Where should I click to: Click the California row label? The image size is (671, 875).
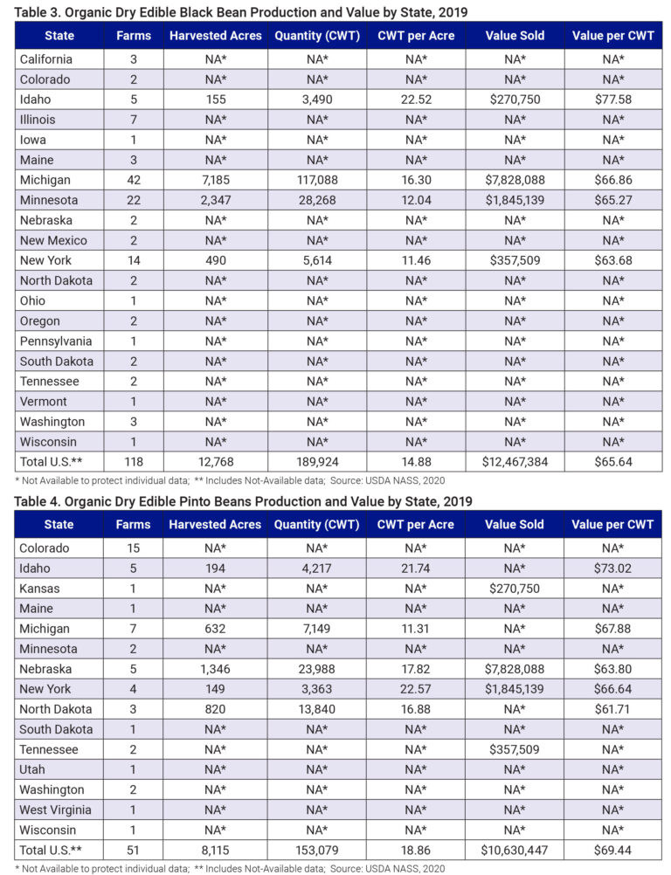[x=47, y=59]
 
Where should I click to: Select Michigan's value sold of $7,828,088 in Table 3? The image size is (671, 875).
[x=518, y=179]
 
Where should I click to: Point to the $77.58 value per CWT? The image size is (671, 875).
[x=612, y=99]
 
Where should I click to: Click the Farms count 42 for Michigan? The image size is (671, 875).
[x=133, y=179]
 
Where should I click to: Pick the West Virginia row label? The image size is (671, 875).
[x=55, y=809]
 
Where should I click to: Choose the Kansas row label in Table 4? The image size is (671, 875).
[x=40, y=588]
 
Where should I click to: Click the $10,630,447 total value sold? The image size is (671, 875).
[x=518, y=849]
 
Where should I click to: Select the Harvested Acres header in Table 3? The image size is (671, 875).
[x=215, y=36]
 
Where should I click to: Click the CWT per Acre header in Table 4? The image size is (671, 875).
[x=415, y=525]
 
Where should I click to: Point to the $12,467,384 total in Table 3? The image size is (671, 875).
[x=518, y=461]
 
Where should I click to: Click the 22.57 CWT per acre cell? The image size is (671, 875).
[x=415, y=688]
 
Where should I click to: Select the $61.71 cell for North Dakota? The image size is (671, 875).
[x=612, y=708]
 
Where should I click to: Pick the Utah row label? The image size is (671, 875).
[x=33, y=768]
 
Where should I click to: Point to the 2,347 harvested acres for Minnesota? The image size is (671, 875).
[x=215, y=199]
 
